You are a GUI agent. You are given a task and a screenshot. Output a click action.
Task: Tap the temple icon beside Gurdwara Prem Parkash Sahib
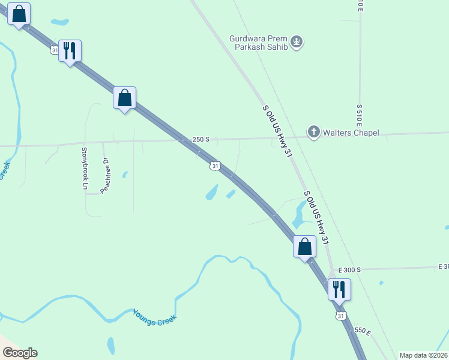[296, 42]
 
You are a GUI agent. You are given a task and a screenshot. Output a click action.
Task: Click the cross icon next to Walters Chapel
[313, 132]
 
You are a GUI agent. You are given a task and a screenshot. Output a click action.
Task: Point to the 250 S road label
[200, 139]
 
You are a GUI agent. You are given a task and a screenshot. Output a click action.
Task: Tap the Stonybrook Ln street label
[85, 169]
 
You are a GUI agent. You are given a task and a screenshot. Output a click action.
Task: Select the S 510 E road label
[359, 118]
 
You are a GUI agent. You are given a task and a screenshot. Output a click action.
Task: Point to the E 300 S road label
[349, 270]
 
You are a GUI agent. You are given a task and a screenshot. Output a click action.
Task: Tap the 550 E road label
[363, 331]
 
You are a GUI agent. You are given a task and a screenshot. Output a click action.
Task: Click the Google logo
[20, 353]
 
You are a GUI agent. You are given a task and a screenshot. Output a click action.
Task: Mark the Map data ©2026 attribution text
[424, 355]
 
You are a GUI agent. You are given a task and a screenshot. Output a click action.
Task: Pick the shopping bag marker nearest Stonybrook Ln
[125, 98]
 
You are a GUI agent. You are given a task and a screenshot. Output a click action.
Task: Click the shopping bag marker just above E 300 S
[304, 247]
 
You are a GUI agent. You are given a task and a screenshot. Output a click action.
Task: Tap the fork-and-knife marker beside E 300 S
[339, 289]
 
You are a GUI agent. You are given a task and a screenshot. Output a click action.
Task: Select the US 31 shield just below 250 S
[215, 166]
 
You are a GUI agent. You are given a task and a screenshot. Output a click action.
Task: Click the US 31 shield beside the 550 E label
[341, 316]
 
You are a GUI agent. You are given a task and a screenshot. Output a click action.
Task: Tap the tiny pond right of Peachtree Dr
[125, 175]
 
